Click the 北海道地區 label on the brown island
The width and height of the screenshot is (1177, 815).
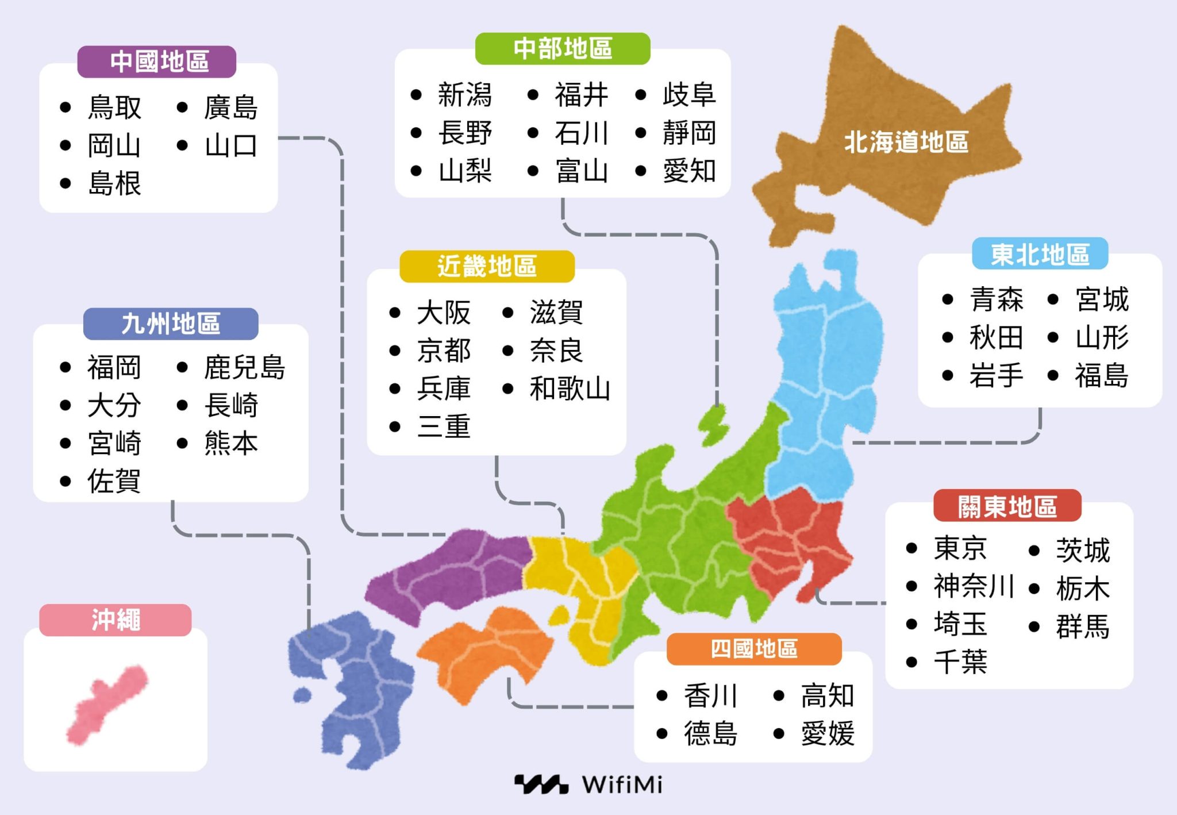point(906,142)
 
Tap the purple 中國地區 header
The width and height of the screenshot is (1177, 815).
point(157,61)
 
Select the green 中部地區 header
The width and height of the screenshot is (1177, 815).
point(563,48)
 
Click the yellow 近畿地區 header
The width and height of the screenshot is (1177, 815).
point(487,266)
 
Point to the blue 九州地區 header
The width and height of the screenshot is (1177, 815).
point(171,324)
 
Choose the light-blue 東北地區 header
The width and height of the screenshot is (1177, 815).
point(1040,254)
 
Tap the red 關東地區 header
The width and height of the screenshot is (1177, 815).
point(1007,506)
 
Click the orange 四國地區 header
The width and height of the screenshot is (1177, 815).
point(754,649)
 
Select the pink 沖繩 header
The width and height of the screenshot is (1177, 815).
point(116,620)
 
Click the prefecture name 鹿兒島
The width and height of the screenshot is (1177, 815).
point(244,367)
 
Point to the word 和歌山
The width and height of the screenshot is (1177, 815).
point(570,389)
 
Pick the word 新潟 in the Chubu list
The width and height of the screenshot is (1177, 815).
point(465,95)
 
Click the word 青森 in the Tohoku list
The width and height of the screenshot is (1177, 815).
point(997,299)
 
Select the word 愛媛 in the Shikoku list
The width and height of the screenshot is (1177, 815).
point(828,733)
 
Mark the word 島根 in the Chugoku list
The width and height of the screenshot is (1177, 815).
point(114,184)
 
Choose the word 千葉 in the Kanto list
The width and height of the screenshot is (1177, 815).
point(960,662)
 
